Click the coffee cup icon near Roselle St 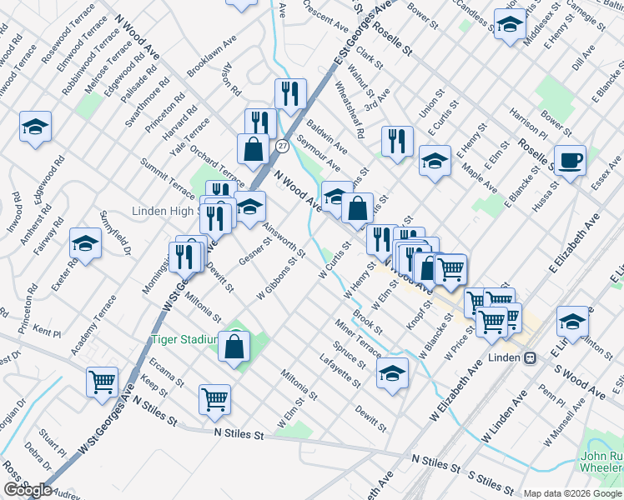tap(570, 159)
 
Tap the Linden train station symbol tap(529, 357)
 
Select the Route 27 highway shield tap(283, 147)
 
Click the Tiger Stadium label tap(184, 339)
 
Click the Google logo tap(28, 490)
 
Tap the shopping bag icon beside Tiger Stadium tap(234, 346)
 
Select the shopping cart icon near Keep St tap(214, 399)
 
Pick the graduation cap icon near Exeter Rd tap(85, 242)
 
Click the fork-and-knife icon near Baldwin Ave tap(290, 93)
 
